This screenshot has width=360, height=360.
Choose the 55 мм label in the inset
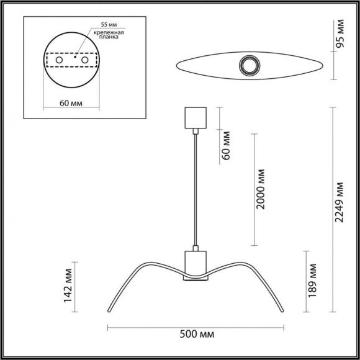click(x=100, y=25)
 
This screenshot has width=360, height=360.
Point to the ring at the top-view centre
click(x=251, y=65)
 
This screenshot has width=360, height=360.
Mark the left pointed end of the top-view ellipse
click(x=178, y=65)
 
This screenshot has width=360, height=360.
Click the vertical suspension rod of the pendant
click(x=195, y=186)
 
